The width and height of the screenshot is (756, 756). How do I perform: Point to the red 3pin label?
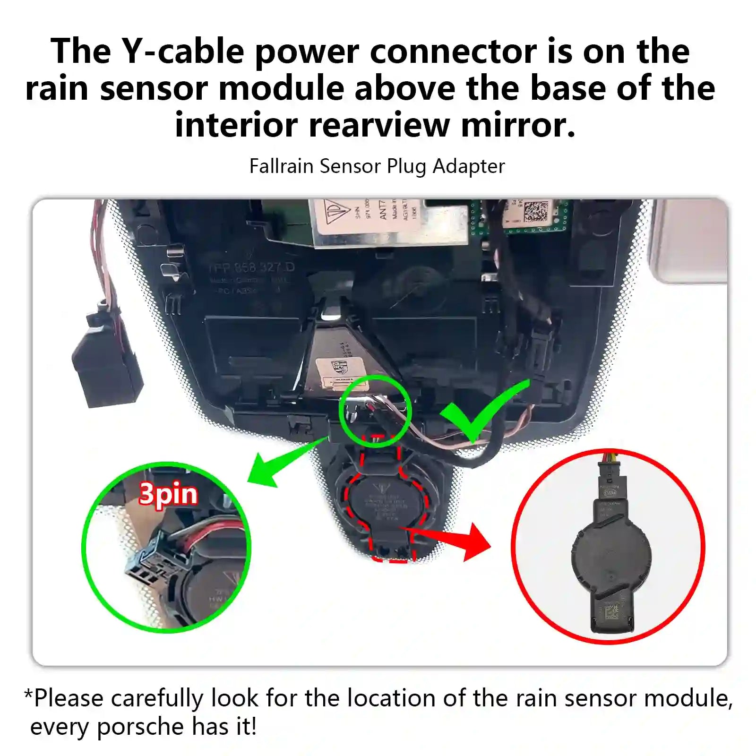coord(168,494)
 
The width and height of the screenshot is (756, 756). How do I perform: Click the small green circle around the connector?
coord(375,411)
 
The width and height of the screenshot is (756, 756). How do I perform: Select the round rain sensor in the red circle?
coord(611,553)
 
